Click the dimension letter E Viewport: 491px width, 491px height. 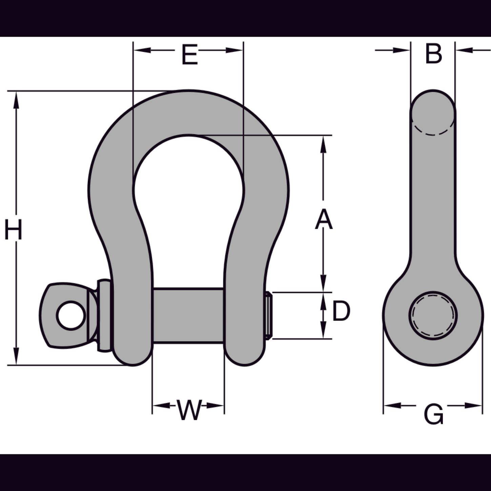(190, 54)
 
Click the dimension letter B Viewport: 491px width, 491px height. (433, 54)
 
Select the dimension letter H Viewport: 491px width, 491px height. (14, 230)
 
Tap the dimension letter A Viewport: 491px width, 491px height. (324, 219)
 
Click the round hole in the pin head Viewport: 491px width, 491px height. (71, 315)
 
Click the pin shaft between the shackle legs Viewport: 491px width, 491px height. (188, 316)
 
